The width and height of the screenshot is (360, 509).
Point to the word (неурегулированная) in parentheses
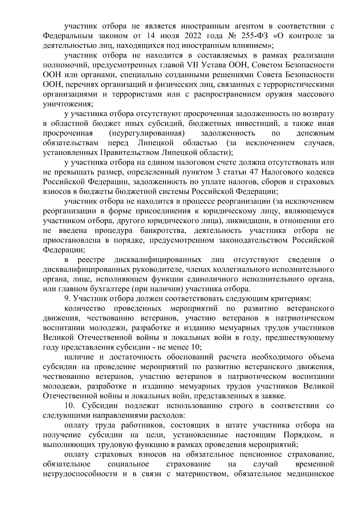click(146, 133)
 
